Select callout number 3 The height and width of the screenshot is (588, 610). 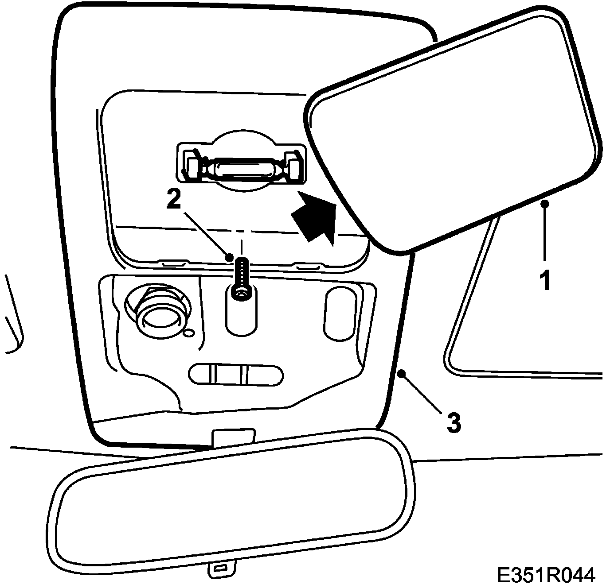pyautogui.click(x=453, y=422)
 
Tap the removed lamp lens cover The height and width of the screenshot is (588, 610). pyautogui.click(x=452, y=128)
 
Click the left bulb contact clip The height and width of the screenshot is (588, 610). pyautogui.click(x=193, y=167)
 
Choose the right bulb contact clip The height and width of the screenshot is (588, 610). pyautogui.click(x=293, y=166)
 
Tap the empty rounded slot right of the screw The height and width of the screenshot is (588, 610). pyautogui.click(x=340, y=314)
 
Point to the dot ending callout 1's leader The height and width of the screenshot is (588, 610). pyautogui.click(x=546, y=204)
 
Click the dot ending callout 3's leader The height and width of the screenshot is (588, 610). pyautogui.click(x=402, y=374)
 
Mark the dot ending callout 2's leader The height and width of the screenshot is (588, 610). pyautogui.click(x=230, y=257)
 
